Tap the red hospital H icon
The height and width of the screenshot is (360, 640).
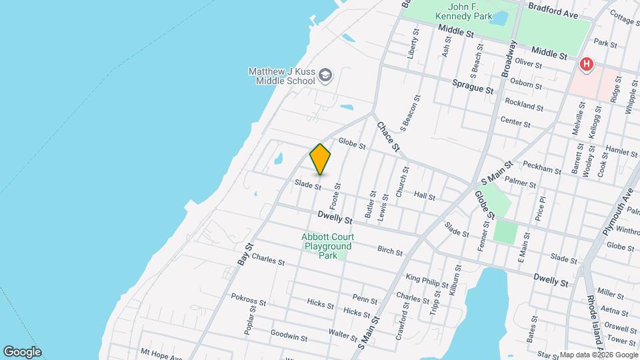(586, 65)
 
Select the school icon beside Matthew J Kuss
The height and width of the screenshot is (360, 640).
(325, 75)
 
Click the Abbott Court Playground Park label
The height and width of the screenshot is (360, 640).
(327, 246)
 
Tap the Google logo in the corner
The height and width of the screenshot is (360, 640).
(22, 352)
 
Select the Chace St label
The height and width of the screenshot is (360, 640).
(387, 136)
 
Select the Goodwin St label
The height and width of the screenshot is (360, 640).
(289, 337)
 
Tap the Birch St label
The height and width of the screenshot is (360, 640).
(390, 252)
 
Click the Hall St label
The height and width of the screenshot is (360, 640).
(425, 197)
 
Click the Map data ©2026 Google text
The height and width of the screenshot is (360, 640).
(599, 355)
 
